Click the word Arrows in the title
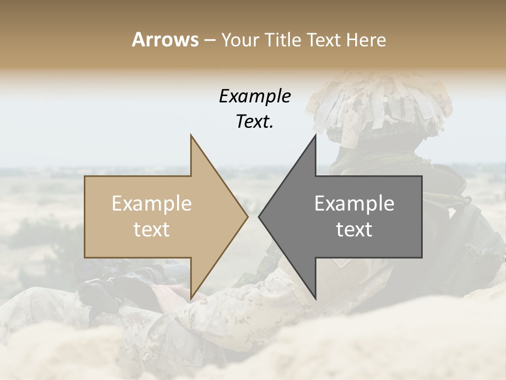(x=165, y=40)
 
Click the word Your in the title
(x=240, y=40)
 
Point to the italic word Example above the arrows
(x=255, y=97)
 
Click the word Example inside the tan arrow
(x=152, y=204)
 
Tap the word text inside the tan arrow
(x=152, y=230)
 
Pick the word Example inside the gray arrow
(x=354, y=204)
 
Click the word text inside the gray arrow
(x=354, y=230)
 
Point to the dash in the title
(x=209, y=40)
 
